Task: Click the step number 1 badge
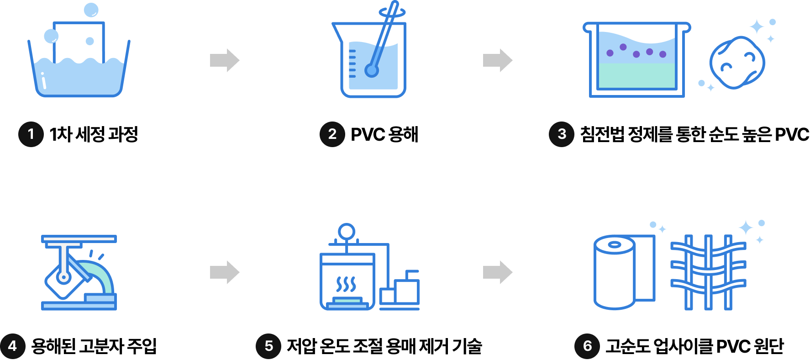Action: point(31,134)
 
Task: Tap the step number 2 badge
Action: point(332,134)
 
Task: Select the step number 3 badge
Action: point(562,134)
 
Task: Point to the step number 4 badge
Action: point(12,346)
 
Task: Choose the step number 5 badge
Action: point(268,346)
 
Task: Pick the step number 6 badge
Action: point(587,346)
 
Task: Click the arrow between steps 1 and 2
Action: point(225,60)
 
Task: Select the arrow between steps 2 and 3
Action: point(498,60)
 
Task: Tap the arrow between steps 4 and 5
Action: point(225,272)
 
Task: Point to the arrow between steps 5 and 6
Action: point(498,272)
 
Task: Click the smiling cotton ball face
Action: point(736,63)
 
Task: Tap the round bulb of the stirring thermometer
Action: point(372,71)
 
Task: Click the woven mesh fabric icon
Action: point(708,272)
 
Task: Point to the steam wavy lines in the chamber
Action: point(346,284)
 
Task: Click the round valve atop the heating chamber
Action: point(347,232)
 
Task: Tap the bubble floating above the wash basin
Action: point(91,10)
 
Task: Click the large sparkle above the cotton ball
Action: point(757,27)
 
